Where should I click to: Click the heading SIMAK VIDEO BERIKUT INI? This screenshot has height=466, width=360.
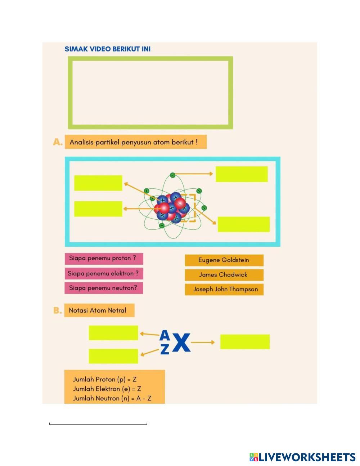[107, 49]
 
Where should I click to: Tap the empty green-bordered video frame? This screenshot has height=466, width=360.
[150, 93]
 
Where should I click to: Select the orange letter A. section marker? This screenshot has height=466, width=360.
[58, 142]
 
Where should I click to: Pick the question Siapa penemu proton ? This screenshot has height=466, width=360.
[104, 259]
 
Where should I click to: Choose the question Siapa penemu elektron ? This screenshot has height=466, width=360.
[104, 274]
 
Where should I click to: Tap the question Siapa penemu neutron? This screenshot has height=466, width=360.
[104, 288]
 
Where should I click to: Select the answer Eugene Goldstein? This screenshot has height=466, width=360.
[224, 260]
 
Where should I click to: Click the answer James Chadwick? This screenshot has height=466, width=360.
[224, 275]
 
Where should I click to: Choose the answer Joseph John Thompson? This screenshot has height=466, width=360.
[224, 289]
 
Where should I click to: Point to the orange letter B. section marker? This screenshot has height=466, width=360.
[58, 310]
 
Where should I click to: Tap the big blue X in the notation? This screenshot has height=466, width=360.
[181, 343]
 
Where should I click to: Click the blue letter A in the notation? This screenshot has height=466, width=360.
[165, 335]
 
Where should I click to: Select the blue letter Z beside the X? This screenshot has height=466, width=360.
[165, 349]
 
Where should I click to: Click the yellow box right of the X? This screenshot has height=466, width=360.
[245, 342]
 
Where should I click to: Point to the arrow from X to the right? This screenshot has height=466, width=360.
[203, 342]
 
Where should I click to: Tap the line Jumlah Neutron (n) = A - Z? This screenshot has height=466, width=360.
[112, 398]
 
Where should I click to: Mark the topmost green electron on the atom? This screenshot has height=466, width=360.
[172, 175]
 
